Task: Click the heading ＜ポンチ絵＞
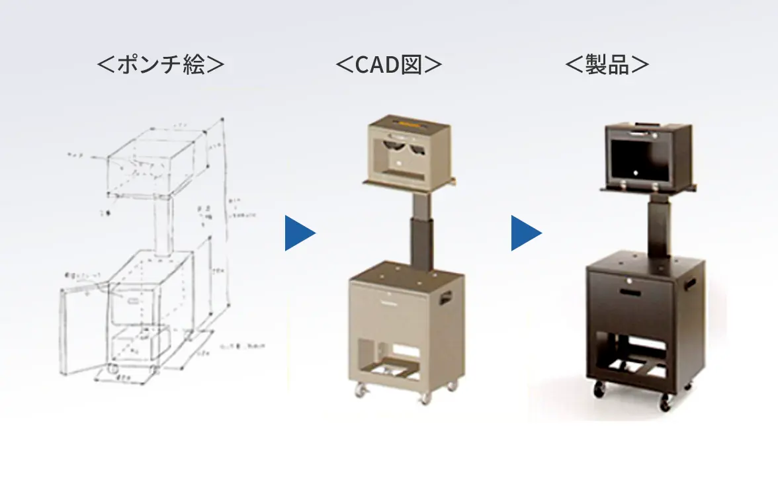pos(161,65)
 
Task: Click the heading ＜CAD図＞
pos(388,65)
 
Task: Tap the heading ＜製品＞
pos(607,65)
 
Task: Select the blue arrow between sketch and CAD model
pos(299,233)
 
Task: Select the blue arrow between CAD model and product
pos(525,233)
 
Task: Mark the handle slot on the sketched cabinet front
pos(132,301)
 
